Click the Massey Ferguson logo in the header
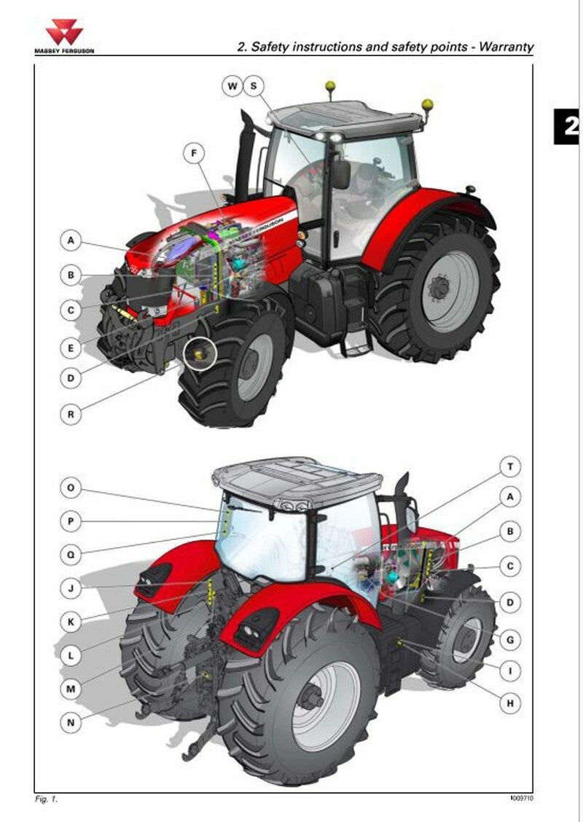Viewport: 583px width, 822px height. click(64, 36)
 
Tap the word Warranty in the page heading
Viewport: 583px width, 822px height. click(506, 47)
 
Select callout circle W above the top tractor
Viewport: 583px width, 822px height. click(232, 86)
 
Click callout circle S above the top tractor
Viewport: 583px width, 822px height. click(254, 86)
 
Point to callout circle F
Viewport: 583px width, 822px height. click(194, 154)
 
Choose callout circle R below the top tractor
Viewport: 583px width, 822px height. click(71, 414)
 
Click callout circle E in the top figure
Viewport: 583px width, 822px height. click(71, 348)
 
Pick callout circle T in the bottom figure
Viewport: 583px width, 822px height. click(510, 466)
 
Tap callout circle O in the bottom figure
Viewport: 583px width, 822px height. click(71, 488)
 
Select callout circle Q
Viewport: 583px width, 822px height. click(71, 554)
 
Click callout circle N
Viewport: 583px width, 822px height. click(71, 723)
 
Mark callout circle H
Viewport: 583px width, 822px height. click(510, 703)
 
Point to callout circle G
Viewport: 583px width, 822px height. click(510, 640)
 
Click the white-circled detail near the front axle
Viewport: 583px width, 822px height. click(200, 354)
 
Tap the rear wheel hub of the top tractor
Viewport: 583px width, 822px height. click(439, 288)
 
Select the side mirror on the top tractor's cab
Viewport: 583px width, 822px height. click(341, 174)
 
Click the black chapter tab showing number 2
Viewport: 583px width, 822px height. click(568, 126)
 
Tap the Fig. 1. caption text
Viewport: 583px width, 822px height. click(46, 799)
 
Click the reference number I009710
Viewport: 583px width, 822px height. click(523, 799)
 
